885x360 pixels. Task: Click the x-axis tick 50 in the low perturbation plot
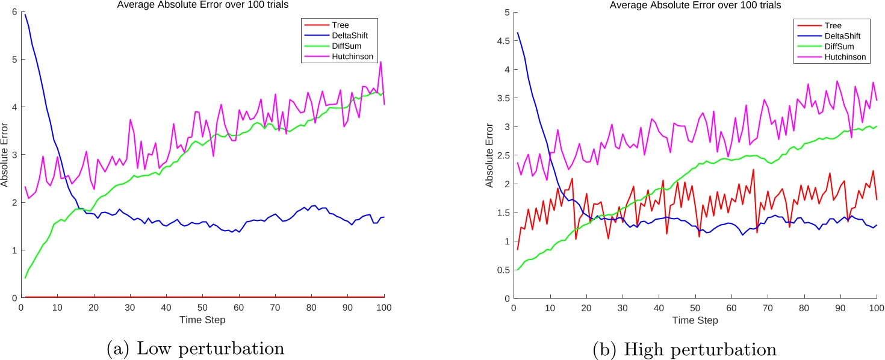pyautogui.click(x=203, y=306)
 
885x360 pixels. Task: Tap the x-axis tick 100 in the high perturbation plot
pyautogui.click(x=876, y=306)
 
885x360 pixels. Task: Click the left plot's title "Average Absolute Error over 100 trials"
pyautogui.click(x=203, y=5)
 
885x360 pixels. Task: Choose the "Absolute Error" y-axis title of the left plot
pyautogui.click(x=5, y=155)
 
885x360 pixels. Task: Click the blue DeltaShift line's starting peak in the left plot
pyautogui.click(x=25, y=14)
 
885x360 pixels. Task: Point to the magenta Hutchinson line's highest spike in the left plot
pyautogui.click(x=380, y=61)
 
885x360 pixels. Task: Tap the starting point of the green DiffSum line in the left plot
pyautogui.click(x=25, y=278)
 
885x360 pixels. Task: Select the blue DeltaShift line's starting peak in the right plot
pyautogui.click(x=516, y=33)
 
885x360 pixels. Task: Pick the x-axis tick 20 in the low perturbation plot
pyautogui.click(x=94, y=306)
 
